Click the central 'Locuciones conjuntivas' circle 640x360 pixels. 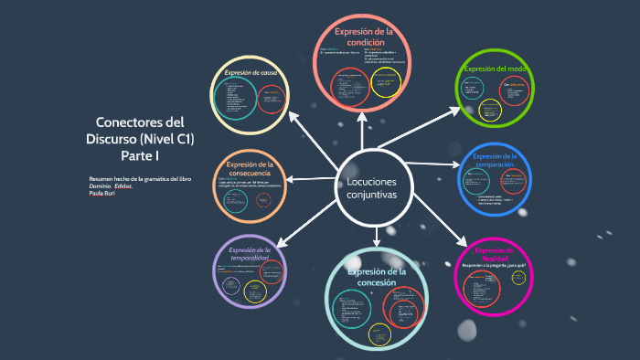(x=374, y=191)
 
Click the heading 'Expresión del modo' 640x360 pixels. (x=495, y=69)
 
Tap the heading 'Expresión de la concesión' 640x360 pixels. (x=377, y=277)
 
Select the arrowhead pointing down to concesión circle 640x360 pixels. (x=376, y=242)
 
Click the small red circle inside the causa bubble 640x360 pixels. (x=271, y=100)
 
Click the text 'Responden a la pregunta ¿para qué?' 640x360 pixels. (x=495, y=265)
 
